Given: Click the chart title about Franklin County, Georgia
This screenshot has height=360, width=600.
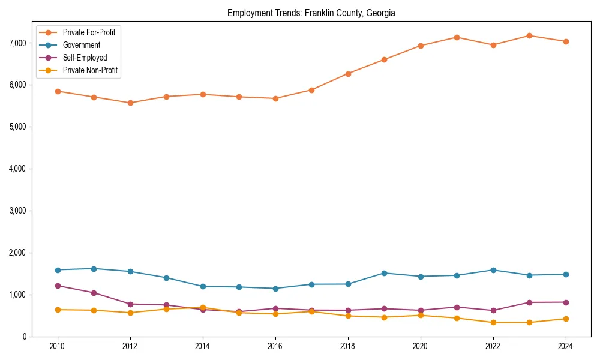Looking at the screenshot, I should tap(311, 13).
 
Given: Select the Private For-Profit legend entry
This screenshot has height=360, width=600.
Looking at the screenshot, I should tap(89, 32).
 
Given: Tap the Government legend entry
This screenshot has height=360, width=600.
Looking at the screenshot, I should tap(81, 45).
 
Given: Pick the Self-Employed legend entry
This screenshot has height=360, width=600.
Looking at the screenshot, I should tap(85, 58).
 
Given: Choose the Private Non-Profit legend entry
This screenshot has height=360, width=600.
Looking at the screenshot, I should tap(90, 70).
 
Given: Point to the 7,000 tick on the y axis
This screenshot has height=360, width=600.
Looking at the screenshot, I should tap(17, 43).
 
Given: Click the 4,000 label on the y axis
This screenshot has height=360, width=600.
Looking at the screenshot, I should tap(17, 169).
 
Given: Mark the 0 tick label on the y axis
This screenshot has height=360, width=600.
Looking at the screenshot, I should tap(24, 337).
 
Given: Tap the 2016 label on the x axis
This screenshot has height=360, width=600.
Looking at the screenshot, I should tap(275, 346).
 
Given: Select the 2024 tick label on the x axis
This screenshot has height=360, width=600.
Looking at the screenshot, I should tap(565, 346).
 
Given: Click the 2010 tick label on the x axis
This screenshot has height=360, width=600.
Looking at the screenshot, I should tap(57, 346).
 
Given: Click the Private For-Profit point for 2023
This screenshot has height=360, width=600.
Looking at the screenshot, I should tap(529, 35).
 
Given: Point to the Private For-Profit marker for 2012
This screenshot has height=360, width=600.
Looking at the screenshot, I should tap(130, 103).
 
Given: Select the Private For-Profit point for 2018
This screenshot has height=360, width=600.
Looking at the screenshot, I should tap(347, 74).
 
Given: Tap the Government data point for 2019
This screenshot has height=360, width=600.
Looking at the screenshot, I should tap(384, 273).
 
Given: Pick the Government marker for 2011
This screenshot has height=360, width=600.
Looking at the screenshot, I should tap(94, 269).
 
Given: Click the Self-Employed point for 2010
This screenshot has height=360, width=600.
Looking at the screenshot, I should tap(57, 286).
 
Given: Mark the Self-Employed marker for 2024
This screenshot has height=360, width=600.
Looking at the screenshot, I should tap(565, 302).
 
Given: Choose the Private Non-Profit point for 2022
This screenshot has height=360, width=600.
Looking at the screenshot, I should tap(493, 322).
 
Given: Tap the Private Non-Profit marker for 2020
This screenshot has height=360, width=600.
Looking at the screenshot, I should tap(420, 315).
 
